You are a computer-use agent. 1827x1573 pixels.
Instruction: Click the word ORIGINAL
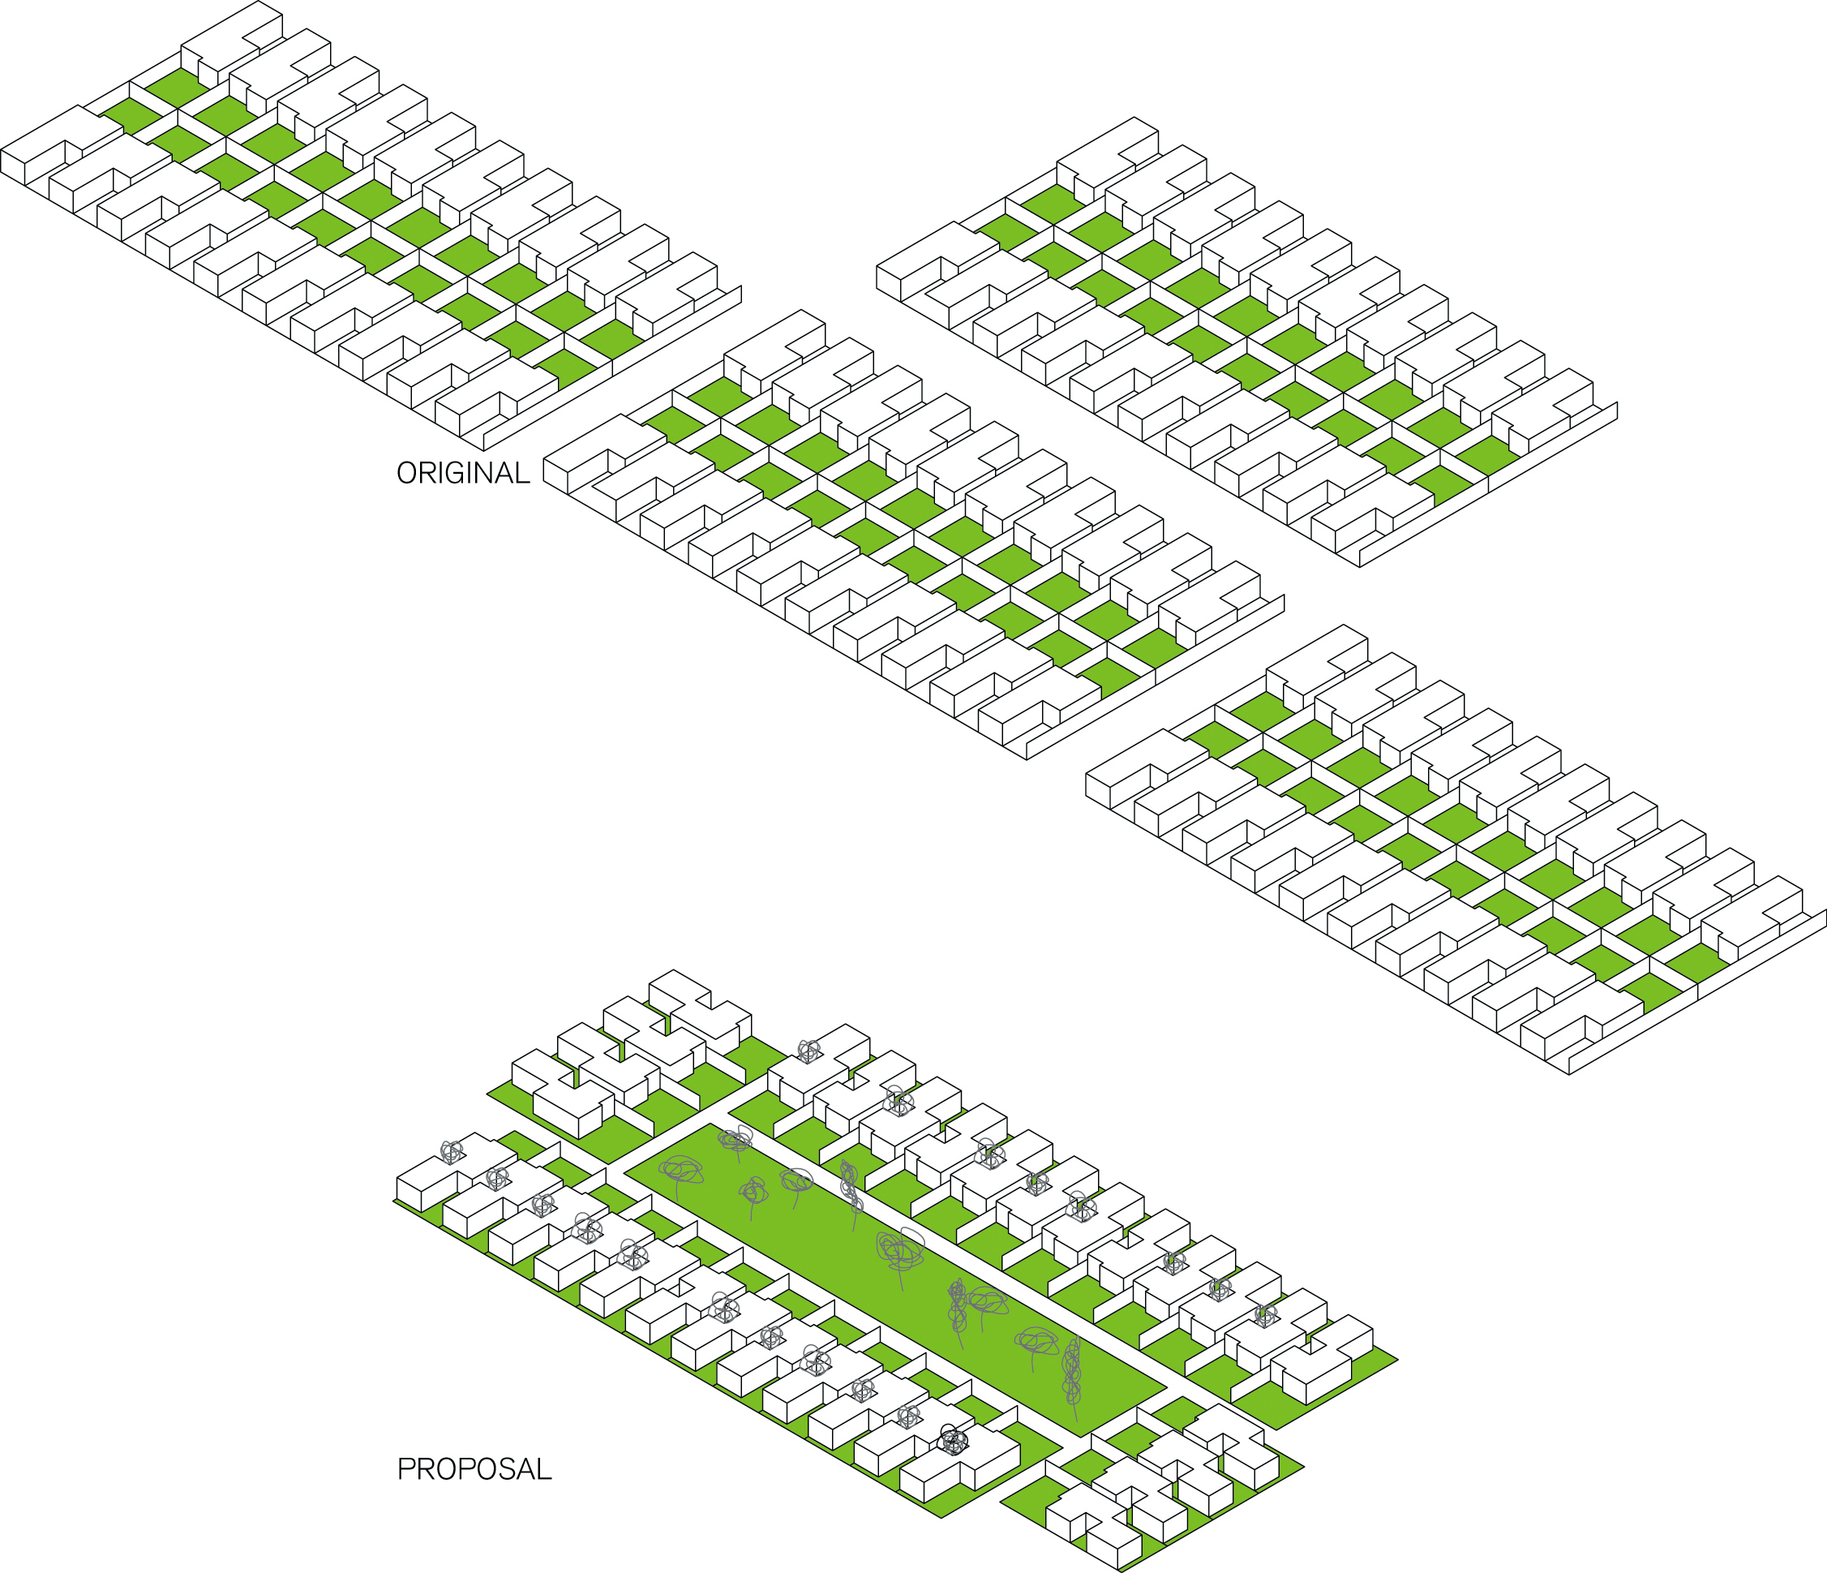tap(463, 474)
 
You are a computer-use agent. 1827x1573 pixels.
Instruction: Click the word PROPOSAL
tap(474, 1469)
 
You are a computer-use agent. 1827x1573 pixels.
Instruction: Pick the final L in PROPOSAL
tap(545, 1469)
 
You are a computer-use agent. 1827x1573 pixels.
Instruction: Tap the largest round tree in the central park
tap(899, 1249)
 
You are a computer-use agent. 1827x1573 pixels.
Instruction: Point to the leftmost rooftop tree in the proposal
tap(452, 1150)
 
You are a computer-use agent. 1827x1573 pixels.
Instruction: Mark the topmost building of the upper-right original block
tap(1107, 154)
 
